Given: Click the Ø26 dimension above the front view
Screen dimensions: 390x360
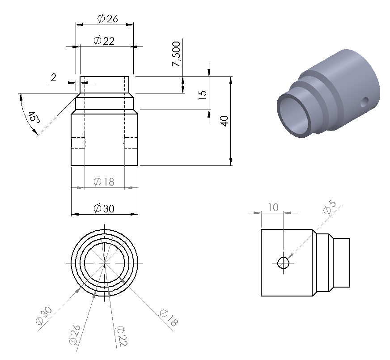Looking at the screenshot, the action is pyautogui.click(x=107, y=18).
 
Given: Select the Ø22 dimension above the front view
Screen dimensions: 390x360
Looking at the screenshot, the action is pyautogui.click(x=104, y=41).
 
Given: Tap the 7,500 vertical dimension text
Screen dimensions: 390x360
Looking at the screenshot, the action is pyautogui.click(x=177, y=54).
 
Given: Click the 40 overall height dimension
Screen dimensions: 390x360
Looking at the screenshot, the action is pyautogui.click(x=225, y=121).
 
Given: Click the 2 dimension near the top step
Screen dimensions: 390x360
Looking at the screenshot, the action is pyautogui.click(x=54, y=77).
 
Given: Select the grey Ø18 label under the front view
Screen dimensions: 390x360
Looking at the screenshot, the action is pyautogui.click(x=104, y=182).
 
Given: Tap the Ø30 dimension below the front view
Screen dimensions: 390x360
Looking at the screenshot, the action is pyautogui.click(x=104, y=208).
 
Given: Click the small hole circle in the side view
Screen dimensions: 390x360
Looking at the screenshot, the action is pyautogui.click(x=283, y=263).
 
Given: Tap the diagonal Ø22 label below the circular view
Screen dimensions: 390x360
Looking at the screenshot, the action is pyautogui.click(x=121, y=337).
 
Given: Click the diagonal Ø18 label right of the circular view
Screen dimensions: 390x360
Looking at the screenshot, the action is pyautogui.click(x=167, y=318).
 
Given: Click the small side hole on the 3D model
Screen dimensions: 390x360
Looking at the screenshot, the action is pyautogui.click(x=365, y=102).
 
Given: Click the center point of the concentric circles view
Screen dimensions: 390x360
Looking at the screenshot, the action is pyautogui.click(x=104, y=263).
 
